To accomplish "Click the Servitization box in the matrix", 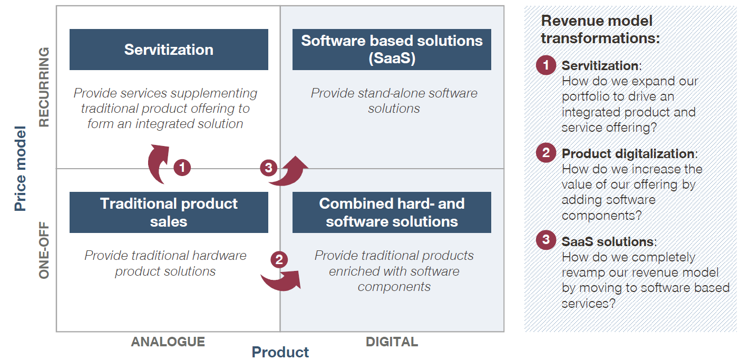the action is pos(169,50).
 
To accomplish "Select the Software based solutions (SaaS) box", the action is pos(392,50).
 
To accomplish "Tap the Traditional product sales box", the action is pos(169,212).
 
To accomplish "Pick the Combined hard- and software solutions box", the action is pos(392,212).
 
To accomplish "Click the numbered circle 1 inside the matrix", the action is pos(182,168).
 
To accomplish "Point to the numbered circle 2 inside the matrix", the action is pos(279,260).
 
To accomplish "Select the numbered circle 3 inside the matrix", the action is pos(269,168).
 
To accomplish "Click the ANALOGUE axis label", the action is pos(168,342).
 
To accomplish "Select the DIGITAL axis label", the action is pos(392,342).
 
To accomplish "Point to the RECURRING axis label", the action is pos(44,87).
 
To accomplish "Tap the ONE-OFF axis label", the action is pos(44,250).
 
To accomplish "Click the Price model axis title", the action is pos(20,169).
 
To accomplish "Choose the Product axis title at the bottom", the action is pos(280,352).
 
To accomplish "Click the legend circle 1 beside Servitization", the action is pos(546,65).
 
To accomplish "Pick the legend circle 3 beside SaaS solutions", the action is pos(546,240).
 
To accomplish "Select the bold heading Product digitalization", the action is pos(628,154).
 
